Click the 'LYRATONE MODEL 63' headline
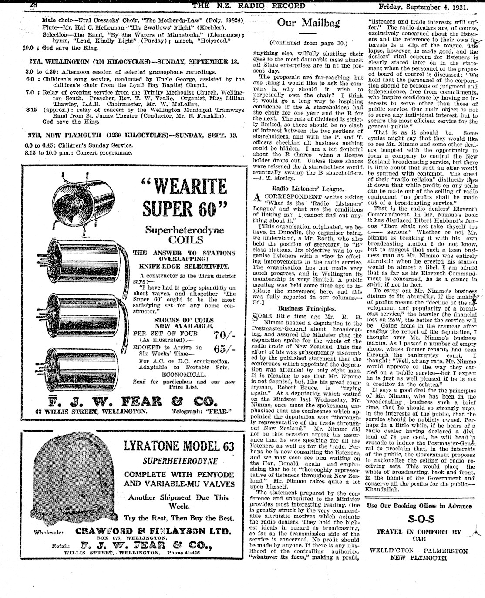[179, 447]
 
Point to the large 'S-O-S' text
[421, 519]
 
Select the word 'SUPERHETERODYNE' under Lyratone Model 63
[179, 461]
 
